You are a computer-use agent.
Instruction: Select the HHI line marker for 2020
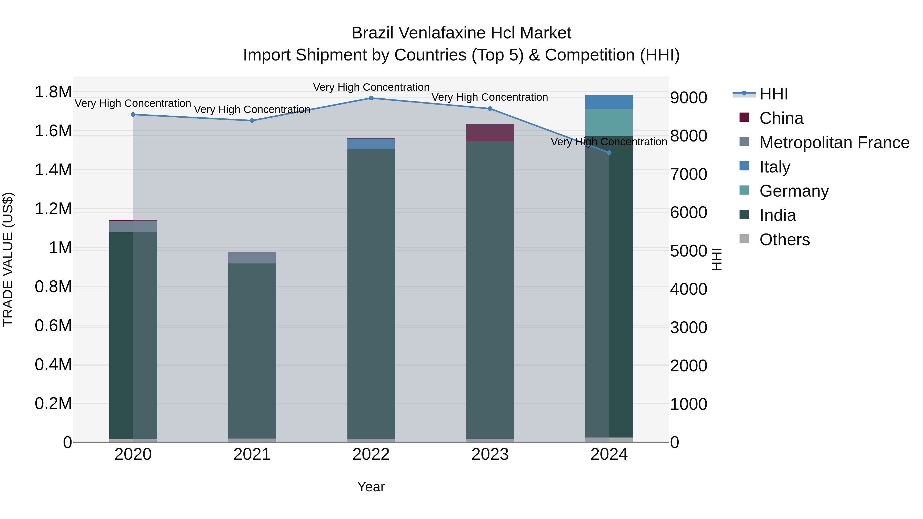pyautogui.click(x=133, y=115)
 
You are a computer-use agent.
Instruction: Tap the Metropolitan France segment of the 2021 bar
pyautogui.click(x=252, y=258)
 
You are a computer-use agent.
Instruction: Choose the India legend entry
pyautogui.click(x=778, y=215)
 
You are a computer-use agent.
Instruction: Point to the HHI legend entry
pyautogui.click(x=773, y=94)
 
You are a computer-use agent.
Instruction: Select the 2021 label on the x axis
pyautogui.click(x=252, y=454)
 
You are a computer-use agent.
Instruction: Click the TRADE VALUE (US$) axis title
pyautogui.click(x=8, y=259)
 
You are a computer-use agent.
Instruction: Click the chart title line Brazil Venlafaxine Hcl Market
pyautogui.click(x=461, y=33)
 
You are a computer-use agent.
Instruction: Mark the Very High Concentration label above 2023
pyautogui.click(x=489, y=97)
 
